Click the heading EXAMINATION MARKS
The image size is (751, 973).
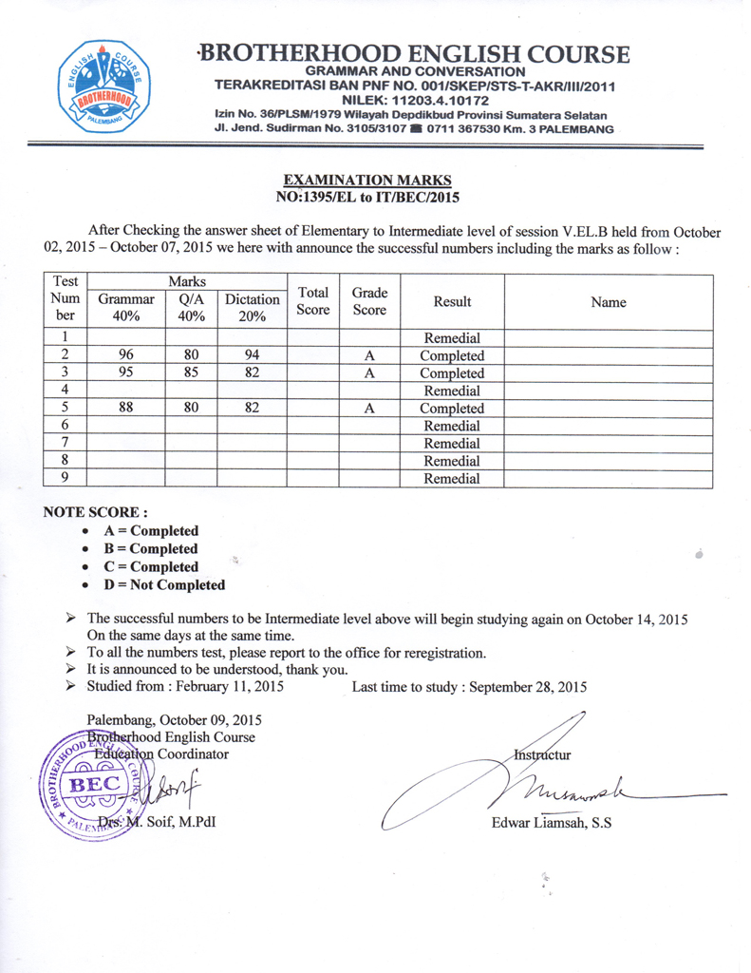[x=367, y=180]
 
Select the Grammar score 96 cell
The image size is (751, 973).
[x=125, y=355]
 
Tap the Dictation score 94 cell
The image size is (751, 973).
[x=252, y=355]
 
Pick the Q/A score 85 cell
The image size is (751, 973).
[x=191, y=373]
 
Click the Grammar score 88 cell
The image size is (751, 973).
[x=125, y=409]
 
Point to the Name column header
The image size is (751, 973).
[x=608, y=302]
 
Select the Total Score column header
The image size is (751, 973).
[x=312, y=301]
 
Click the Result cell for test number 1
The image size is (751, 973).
[x=452, y=338]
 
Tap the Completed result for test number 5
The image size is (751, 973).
[x=452, y=409]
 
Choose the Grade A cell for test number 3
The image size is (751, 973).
[x=369, y=373]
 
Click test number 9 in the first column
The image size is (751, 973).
[x=66, y=479]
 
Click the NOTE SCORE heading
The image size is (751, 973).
[x=95, y=512]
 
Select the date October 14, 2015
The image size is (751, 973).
[x=636, y=619]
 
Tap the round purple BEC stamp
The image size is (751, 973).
[x=89, y=785]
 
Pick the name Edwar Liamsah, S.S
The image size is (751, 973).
[x=552, y=823]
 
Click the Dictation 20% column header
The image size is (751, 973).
[x=252, y=308]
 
